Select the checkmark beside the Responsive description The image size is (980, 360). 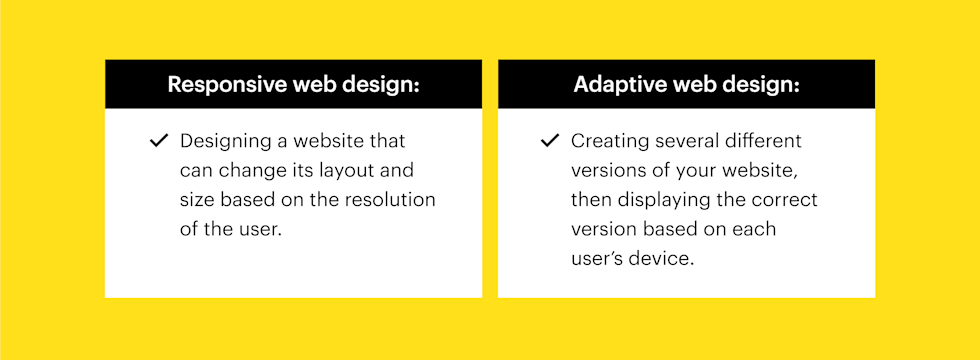159,141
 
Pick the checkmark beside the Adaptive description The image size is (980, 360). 549,141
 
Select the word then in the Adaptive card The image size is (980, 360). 589,200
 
